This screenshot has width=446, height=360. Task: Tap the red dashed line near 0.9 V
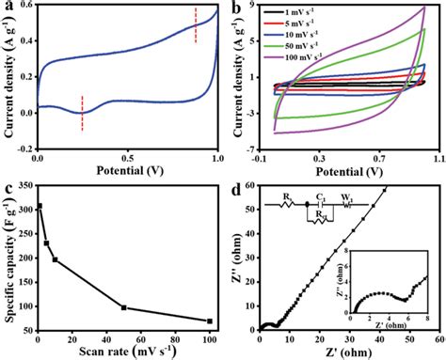[196, 25]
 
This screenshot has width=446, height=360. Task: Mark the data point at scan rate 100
[209, 321]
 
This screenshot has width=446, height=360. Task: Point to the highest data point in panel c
[40, 206]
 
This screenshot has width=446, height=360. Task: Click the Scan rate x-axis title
[127, 352]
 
